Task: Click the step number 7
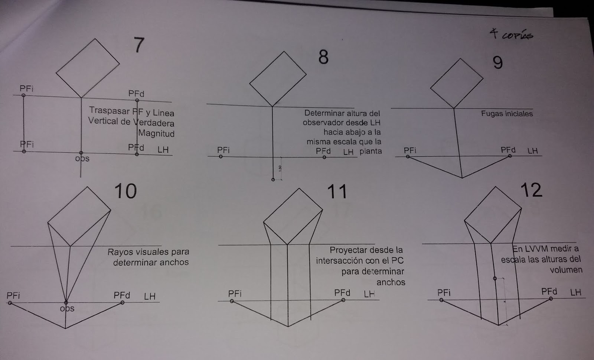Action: [138, 45]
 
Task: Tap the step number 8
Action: [323, 58]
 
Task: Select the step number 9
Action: [497, 62]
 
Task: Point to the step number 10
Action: [125, 191]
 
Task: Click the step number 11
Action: [337, 192]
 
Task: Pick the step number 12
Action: [531, 190]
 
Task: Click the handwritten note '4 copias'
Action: [511, 35]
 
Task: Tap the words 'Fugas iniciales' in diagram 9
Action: [507, 114]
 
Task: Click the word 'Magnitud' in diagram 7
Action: [156, 133]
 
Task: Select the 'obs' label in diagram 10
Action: [67, 309]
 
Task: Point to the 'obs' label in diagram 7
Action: [82, 159]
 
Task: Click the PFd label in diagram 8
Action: [323, 151]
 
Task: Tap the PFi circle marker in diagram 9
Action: [408, 157]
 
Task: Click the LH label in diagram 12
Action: [575, 292]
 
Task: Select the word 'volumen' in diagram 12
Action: [566, 270]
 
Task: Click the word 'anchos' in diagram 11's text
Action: [391, 282]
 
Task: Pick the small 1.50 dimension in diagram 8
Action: [280, 168]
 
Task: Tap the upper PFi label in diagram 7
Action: [26, 88]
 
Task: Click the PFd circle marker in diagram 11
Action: [343, 300]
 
